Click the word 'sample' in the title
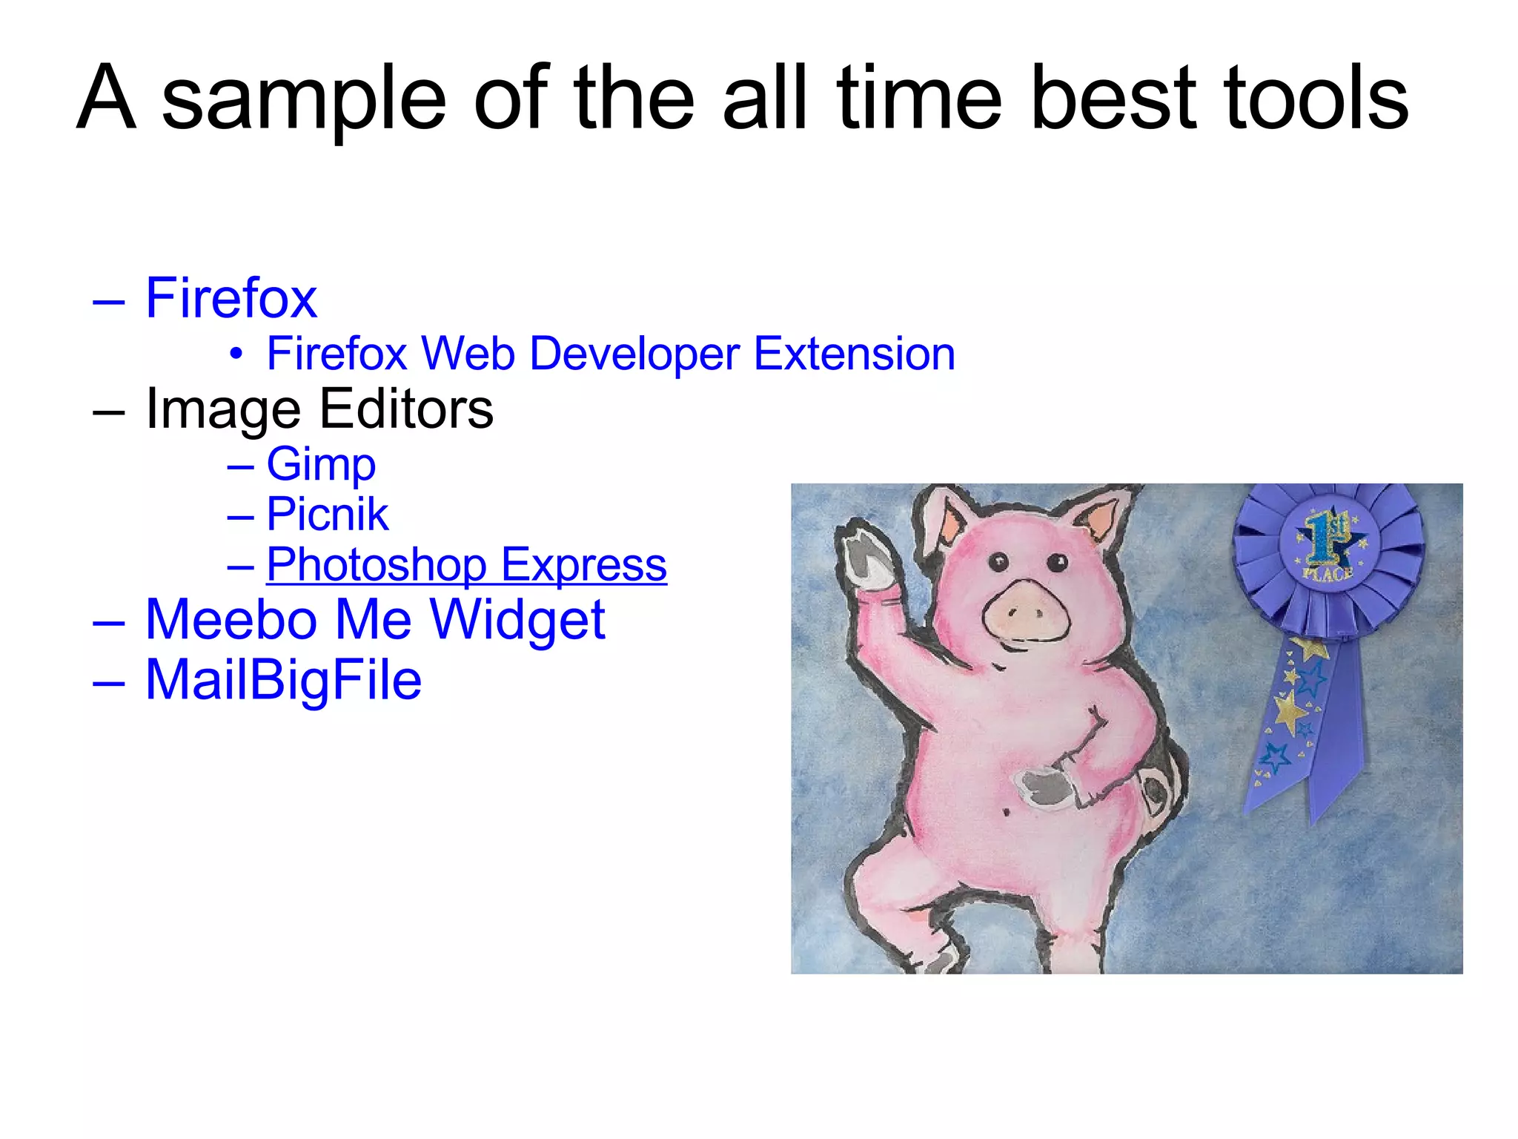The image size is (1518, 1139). click(304, 100)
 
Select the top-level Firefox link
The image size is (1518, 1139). click(231, 298)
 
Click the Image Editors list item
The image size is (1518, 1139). click(319, 409)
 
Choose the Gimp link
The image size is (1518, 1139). click(321, 464)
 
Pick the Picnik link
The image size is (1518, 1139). click(327, 514)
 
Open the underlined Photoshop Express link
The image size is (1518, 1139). click(466, 564)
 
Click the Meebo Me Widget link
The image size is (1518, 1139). click(375, 619)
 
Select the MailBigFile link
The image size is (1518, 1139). click(283, 679)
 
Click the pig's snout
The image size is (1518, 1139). click(1026, 613)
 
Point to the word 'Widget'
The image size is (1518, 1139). click(517, 619)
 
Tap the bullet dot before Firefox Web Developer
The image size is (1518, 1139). click(236, 354)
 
